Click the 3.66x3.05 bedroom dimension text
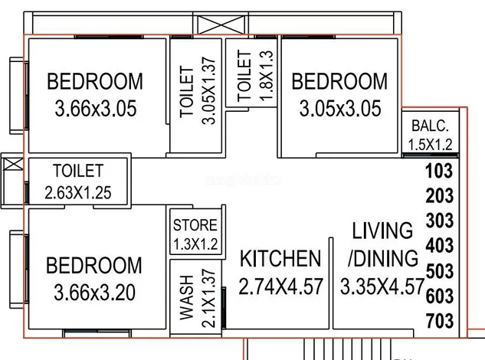96,109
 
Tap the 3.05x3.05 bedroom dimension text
340,109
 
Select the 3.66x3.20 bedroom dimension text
95,293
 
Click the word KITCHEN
280,259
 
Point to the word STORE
195,225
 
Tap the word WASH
186,297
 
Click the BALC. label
430,126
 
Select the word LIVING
382,231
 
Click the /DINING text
383,259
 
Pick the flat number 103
439,171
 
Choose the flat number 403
440,246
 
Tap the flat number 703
440,321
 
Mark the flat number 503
440,271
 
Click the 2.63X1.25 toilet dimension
78,193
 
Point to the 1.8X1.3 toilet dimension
267,76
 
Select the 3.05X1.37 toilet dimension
208,90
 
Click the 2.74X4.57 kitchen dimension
281,286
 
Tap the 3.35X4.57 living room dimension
382,286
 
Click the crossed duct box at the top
221,25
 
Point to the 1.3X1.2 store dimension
195,244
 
